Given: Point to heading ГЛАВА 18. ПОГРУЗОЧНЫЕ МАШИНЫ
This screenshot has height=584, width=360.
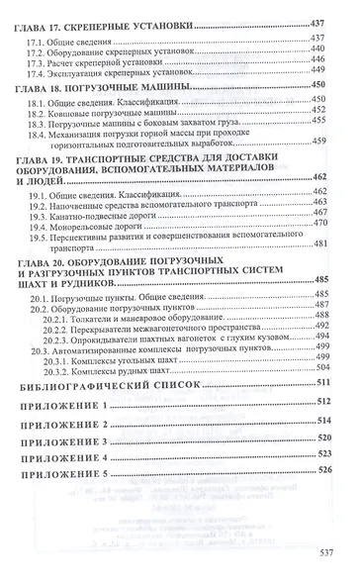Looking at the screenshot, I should [x=109, y=88].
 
